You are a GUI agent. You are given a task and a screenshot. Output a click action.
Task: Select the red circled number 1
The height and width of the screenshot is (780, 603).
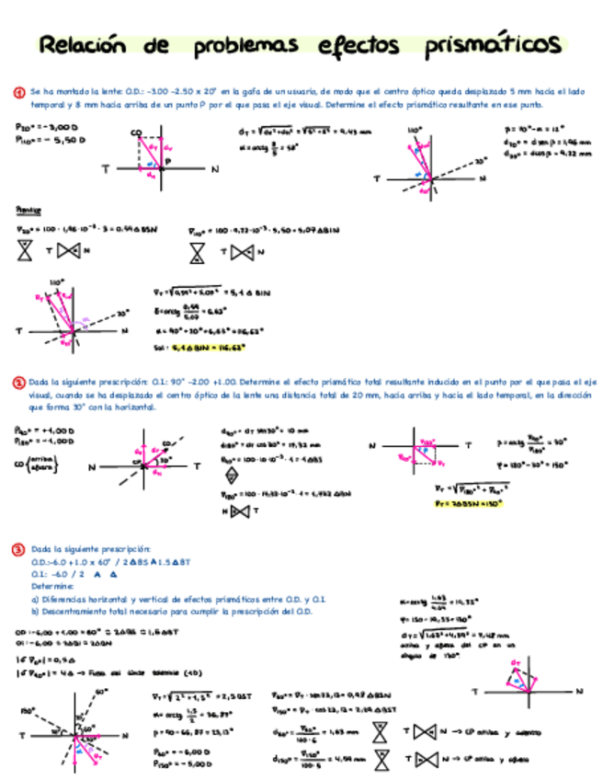(18, 92)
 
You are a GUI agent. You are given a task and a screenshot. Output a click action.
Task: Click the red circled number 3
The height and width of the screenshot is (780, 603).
(18, 549)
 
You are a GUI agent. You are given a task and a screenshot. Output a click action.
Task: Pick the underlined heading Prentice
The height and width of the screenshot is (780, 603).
(29, 210)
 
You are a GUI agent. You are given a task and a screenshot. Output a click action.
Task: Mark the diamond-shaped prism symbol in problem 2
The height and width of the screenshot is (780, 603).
(231, 476)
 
